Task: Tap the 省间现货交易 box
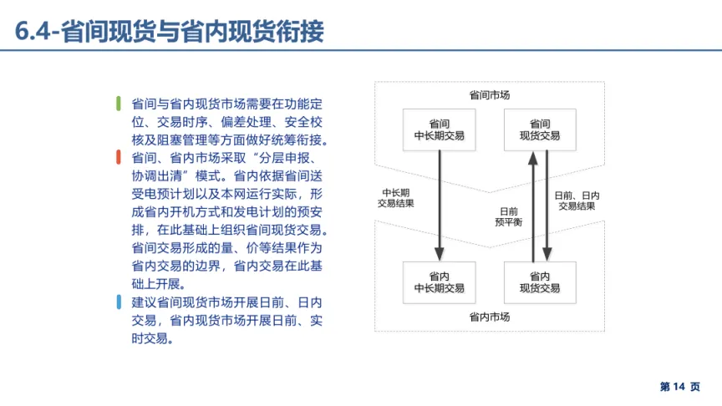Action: pos(540,129)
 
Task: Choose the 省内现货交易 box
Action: pos(540,282)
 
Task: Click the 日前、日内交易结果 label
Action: pos(577,200)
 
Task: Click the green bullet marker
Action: pos(118,104)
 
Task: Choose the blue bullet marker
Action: pos(118,302)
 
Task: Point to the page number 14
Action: pos(679,387)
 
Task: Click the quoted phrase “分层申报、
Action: pos(287,158)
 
